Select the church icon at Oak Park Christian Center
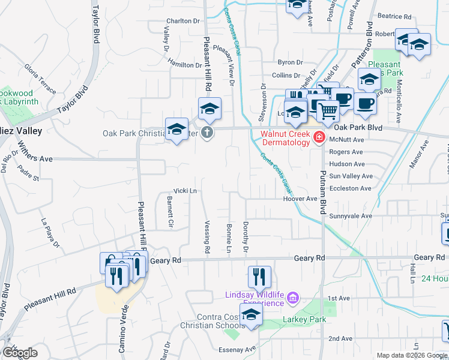pos(207,133)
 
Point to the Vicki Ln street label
pos(185,191)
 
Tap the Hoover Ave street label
pos(300,199)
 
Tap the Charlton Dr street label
pos(182,20)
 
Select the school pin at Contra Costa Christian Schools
pos(251,314)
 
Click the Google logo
pos(19,352)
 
